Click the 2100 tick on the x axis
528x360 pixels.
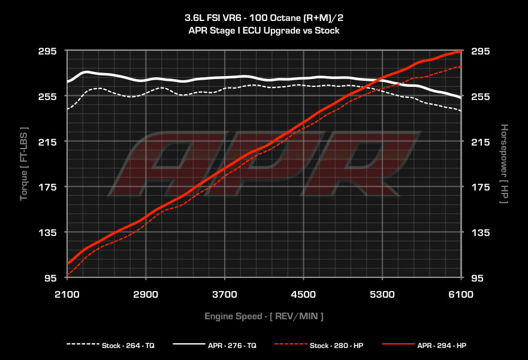tap(67, 294)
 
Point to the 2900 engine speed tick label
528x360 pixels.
tap(146, 294)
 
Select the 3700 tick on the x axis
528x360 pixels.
tap(224, 294)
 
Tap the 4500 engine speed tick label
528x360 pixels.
tap(303, 294)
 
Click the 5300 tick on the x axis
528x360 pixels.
tap(382, 294)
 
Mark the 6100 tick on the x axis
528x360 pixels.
tap(461, 294)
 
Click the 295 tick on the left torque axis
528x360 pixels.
tap(47, 52)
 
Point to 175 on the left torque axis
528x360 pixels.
tap(47, 187)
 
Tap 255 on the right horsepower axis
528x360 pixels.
tap(482, 97)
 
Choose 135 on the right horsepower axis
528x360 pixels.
tap(482, 232)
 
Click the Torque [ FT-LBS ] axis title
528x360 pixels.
tap(24, 164)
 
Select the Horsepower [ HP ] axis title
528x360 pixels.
tap(504, 164)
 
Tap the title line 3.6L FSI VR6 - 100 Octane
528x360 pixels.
tap(264, 19)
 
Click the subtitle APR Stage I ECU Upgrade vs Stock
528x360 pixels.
tap(264, 30)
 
